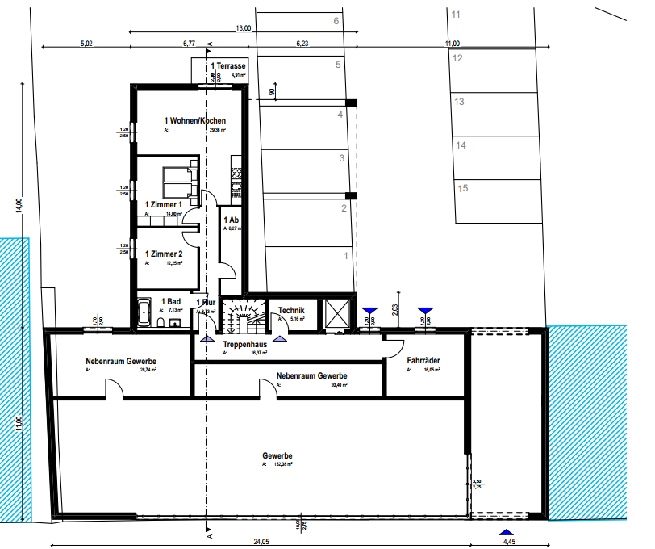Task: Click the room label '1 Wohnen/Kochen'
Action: pyautogui.click(x=190, y=120)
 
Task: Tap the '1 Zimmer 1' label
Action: pyautogui.click(x=163, y=205)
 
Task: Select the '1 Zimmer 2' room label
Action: pyautogui.click(x=163, y=254)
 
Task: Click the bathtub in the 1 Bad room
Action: pyautogui.click(x=145, y=312)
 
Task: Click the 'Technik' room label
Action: pyautogui.click(x=291, y=310)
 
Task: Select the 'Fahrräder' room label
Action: pyautogui.click(x=423, y=361)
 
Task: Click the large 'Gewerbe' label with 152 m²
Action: pyautogui.click(x=278, y=456)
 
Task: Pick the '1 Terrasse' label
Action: pyautogui.click(x=228, y=65)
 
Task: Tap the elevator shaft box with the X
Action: pyautogui.click(x=336, y=313)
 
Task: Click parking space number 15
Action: pyautogui.click(x=463, y=188)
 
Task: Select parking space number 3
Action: pyautogui.click(x=342, y=158)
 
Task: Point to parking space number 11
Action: pyautogui.click(x=456, y=15)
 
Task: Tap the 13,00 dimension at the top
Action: pyautogui.click(x=243, y=29)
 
